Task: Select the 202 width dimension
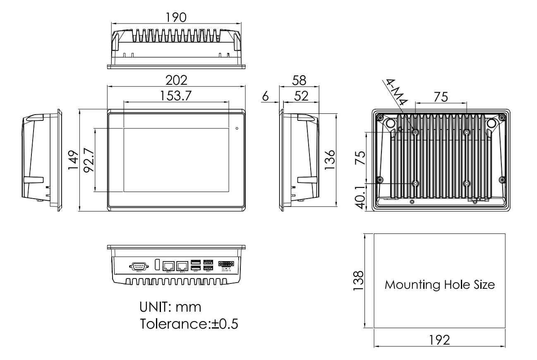point(177,80)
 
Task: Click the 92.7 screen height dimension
point(88,160)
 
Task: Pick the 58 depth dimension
point(299,80)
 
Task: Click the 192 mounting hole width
point(440,340)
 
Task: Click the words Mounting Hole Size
point(440,285)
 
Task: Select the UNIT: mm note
point(170,307)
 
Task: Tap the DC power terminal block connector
point(226,264)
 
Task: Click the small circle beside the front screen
point(237,129)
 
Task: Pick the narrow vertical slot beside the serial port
point(157,265)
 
